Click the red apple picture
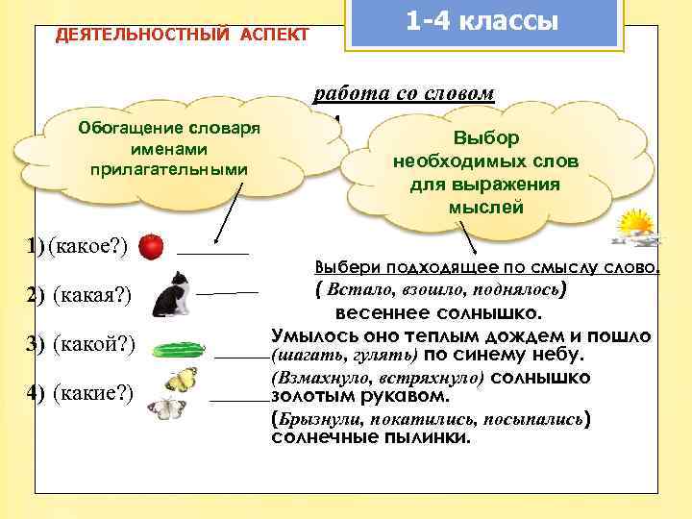click(151, 248)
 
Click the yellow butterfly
click(181, 379)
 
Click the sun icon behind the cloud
click(635, 228)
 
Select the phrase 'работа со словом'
click(405, 93)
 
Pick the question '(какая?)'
click(93, 294)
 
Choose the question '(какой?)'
click(93, 343)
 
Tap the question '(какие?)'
click(93, 391)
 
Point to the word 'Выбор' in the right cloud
click(486, 139)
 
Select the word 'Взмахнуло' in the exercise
click(313, 378)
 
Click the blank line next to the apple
click(212, 253)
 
